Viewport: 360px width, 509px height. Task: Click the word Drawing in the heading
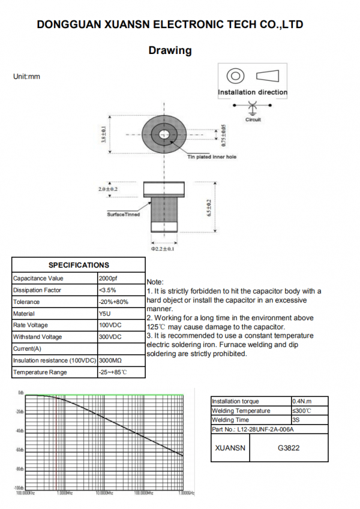point(170,50)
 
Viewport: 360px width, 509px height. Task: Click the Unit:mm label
point(26,77)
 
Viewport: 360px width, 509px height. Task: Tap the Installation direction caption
point(253,92)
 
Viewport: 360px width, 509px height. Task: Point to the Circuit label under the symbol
point(253,120)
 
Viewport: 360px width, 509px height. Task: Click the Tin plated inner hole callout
point(212,157)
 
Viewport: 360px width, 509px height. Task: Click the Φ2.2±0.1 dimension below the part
point(163,248)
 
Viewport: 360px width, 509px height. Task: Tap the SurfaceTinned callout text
point(124,214)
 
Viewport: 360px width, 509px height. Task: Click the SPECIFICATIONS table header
point(79,265)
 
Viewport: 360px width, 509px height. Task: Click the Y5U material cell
point(104,314)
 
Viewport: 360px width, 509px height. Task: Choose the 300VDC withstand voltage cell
point(110,337)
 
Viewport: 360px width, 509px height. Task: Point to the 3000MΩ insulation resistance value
point(110,360)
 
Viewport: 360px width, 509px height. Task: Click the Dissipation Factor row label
point(37,290)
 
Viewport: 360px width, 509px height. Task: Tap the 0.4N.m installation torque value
point(301,401)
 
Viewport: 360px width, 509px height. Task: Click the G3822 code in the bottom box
point(289,448)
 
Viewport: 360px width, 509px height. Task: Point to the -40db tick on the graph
point(20,431)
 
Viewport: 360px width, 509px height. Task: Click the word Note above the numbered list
point(154,282)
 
